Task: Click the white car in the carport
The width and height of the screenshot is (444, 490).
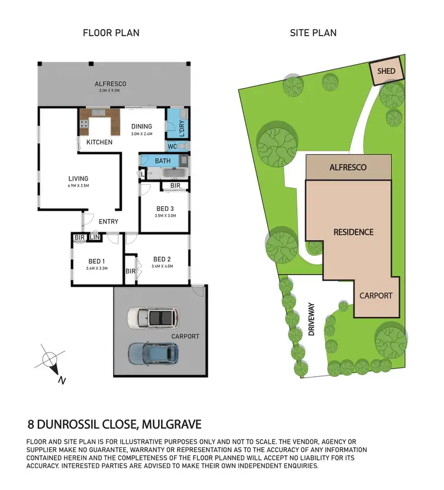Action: pyautogui.click(x=153, y=318)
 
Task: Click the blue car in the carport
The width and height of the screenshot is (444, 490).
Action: pyautogui.click(x=153, y=353)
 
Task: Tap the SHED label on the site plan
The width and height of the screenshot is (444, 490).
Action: pyautogui.click(x=386, y=71)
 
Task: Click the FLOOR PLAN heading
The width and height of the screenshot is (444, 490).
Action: pyautogui.click(x=111, y=33)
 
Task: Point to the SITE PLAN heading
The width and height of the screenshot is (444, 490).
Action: pyautogui.click(x=313, y=33)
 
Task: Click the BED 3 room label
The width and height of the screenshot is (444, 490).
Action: pyautogui.click(x=165, y=209)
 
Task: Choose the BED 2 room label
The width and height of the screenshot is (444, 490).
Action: pyautogui.click(x=162, y=259)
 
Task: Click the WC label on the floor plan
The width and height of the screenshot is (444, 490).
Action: pyautogui.click(x=172, y=146)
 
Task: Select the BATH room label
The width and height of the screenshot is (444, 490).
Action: pyautogui.click(x=163, y=161)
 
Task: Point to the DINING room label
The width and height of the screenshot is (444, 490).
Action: pyautogui.click(x=141, y=126)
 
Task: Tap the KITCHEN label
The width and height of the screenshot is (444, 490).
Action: pyautogui.click(x=99, y=143)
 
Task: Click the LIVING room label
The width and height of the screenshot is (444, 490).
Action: pyautogui.click(x=78, y=178)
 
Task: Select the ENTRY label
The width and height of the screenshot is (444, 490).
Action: pyautogui.click(x=108, y=222)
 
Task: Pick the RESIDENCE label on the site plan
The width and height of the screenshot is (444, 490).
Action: pyautogui.click(x=353, y=232)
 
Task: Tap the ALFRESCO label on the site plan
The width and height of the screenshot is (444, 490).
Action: pyautogui.click(x=348, y=168)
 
